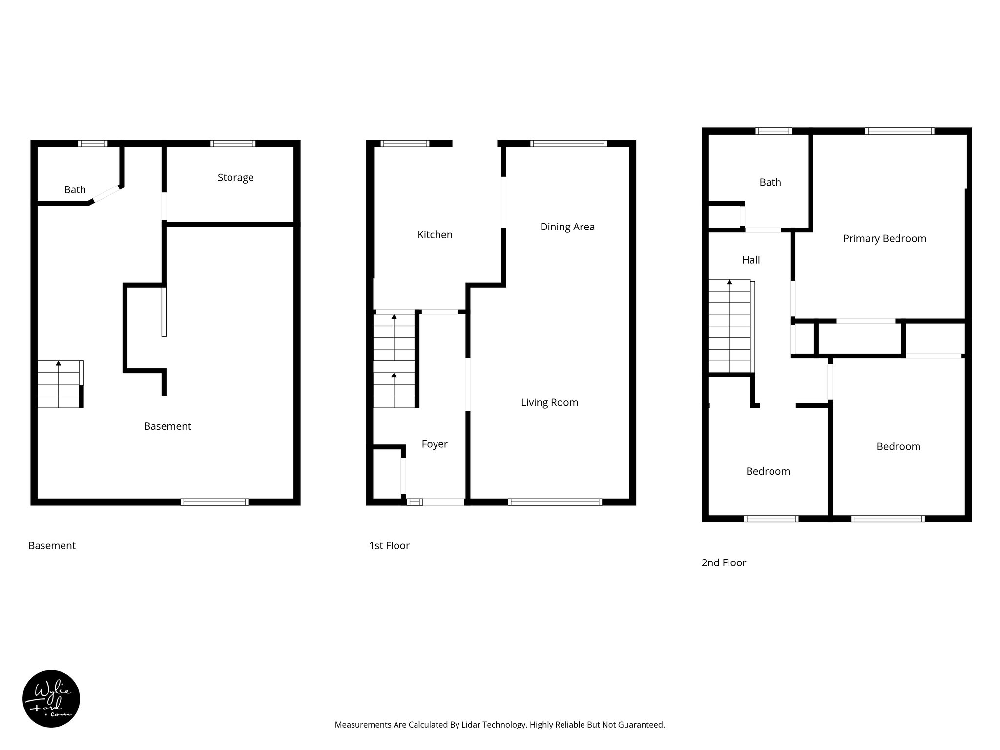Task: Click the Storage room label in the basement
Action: click(x=235, y=178)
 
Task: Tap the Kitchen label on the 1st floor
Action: click(x=435, y=235)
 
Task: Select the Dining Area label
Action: click(x=567, y=227)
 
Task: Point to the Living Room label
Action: click(x=549, y=402)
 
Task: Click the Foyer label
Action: click(x=435, y=444)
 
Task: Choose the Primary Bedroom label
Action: click(x=884, y=238)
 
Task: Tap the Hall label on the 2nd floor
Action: click(x=750, y=260)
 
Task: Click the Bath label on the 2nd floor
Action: click(x=770, y=182)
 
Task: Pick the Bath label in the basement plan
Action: click(x=75, y=189)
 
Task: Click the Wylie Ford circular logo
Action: click(x=51, y=699)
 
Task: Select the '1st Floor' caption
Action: click(x=389, y=545)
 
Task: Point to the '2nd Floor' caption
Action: click(x=724, y=562)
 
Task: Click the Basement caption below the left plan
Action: click(x=52, y=545)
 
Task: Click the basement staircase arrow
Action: click(x=59, y=364)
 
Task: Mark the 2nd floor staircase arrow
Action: click(x=729, y=282)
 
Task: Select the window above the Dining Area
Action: click(x=568, y=144)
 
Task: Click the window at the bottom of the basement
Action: click(x=214, y=502)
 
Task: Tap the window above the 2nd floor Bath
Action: click(x=773, y=131)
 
